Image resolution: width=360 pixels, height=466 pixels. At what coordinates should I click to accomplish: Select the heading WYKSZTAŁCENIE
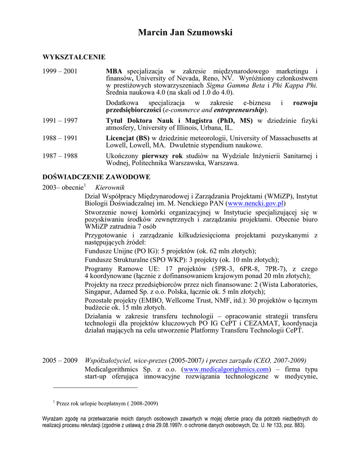[74, 57]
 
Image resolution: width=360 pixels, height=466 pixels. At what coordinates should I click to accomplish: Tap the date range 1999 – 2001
[60, 71]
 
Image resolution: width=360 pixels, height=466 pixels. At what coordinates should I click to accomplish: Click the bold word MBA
[114, 71]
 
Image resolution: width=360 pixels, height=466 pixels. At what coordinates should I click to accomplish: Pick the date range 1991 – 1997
[60, 121]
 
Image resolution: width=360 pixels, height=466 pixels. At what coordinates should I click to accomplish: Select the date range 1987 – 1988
[60, 156]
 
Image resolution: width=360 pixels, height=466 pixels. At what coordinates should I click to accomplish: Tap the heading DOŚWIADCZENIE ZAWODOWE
[96, 177]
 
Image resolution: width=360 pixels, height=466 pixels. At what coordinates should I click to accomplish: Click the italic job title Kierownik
[110, 187]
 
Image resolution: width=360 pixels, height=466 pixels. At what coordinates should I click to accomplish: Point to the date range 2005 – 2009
[60, 360]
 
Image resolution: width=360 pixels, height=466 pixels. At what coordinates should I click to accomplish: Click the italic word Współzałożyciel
[108, 360]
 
